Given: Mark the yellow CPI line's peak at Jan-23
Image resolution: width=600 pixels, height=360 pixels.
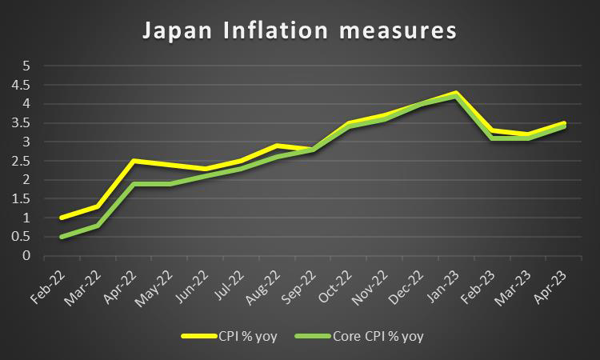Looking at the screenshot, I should pyautogui.click(x=456, y=93).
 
